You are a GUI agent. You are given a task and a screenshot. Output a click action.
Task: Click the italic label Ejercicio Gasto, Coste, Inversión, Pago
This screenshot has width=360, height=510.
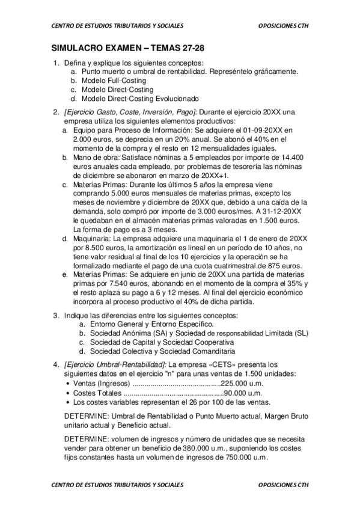pyautogui.click(x=130, y=112)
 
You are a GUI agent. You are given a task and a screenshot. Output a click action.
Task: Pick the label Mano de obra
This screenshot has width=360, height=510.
pyautogui.click(x=95, y=157)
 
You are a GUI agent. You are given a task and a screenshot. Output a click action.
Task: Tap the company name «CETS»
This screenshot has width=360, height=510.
pyautogui.click(x=227, y=364)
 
